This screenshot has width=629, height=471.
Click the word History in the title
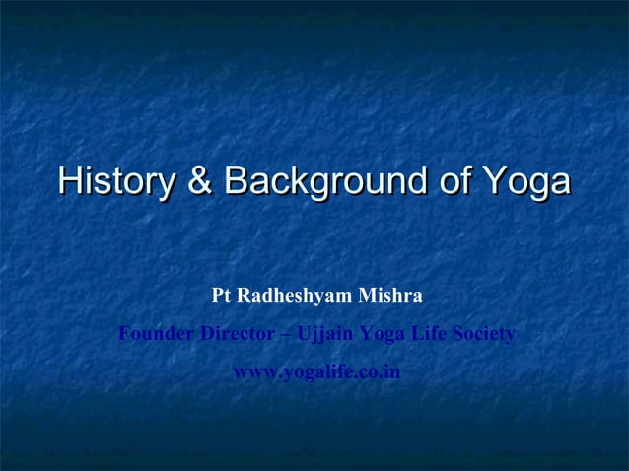115,182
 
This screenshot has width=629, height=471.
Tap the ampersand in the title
200,182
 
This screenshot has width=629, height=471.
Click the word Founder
156,335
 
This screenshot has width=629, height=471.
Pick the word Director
237,335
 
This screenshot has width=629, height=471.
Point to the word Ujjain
325,336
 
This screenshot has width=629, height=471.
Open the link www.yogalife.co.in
315,373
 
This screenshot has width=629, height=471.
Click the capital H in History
68,182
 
